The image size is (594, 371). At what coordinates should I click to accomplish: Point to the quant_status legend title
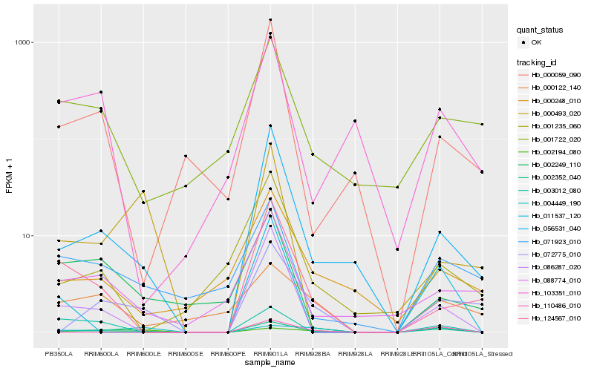[541, 30]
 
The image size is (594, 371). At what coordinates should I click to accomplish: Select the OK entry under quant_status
[536, 42]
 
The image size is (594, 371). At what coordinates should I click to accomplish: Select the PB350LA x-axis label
[59, 353]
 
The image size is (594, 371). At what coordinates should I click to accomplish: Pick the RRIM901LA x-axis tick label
[270, 353]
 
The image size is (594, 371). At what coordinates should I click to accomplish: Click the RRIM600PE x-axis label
[228, 353]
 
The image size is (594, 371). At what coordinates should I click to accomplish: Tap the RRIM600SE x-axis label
[186, 353]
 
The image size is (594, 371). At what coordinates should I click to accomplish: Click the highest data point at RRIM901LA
[270, 20]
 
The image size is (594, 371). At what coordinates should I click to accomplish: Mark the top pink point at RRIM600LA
[101, 92]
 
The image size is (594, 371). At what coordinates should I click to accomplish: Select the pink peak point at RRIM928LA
[355, 121]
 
